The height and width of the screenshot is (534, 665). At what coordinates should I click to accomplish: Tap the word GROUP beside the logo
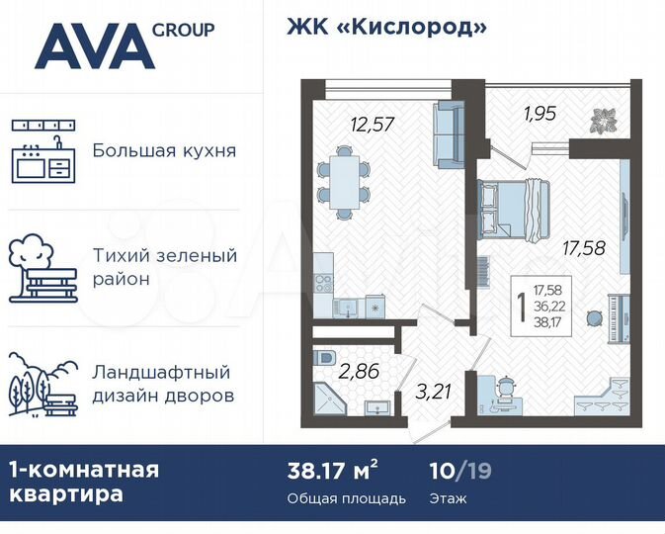click(184, 30)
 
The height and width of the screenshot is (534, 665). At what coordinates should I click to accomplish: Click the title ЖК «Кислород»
click(386, 27)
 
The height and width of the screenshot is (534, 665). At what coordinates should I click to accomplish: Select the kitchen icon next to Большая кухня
click(43, 152)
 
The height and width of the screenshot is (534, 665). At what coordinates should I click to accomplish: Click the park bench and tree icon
click(43, 266)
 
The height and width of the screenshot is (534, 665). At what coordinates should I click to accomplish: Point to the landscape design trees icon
click(43, 385)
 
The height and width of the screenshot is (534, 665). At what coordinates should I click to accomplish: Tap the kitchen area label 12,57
click(372, 124)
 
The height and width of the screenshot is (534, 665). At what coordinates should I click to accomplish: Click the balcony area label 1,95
click(539, 113)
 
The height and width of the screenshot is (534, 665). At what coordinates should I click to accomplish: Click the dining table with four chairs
click(345, 181)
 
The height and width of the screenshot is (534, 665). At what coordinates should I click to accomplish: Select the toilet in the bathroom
click(326, 357)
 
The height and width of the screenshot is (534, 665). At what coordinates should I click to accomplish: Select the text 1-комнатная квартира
click(84, 481)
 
